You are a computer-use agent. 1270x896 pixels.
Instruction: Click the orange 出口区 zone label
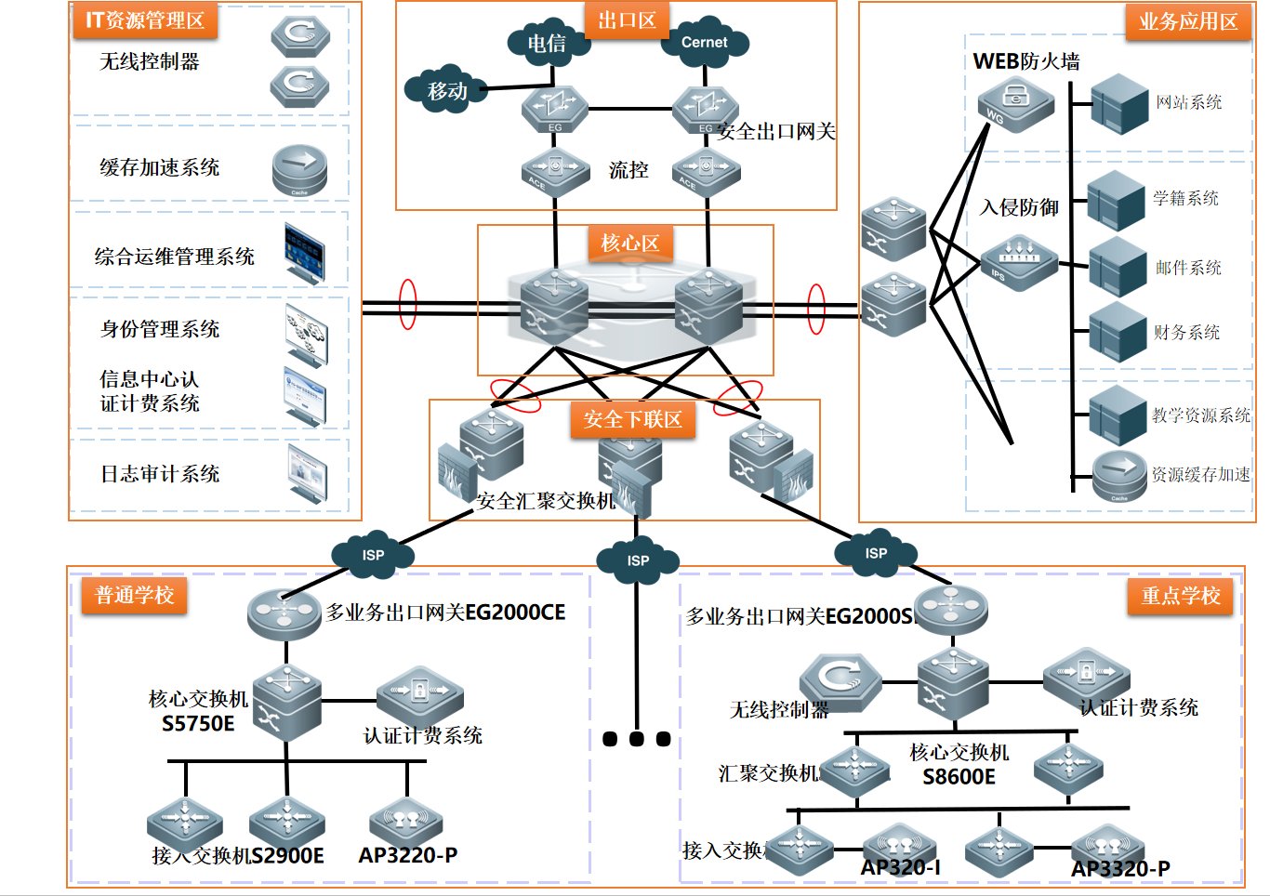pyautogui.click(x=627, y=20)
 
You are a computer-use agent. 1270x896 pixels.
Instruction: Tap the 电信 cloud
pyautogui.click(x=547, y=43)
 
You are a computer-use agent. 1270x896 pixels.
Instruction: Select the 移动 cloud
pyautogui.click(x=446, y=90)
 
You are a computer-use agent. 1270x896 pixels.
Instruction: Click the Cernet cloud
pyautogui.click(x=704, y=43)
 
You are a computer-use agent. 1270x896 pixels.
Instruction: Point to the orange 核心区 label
pyautogui.click(x=629, y=244)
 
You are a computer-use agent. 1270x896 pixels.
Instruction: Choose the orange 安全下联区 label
pyautogui.click(x=632, y=420)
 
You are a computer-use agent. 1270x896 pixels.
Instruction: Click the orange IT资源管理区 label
pyautogui.click(x=144, y=20)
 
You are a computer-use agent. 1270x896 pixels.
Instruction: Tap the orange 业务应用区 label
pyautogui.click(x=1188, y=21)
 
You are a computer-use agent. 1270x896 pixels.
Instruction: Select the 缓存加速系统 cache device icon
pyautogui.click(x=299, y=170)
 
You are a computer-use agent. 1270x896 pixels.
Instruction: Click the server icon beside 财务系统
pyautogui.click(x=1117, y=333)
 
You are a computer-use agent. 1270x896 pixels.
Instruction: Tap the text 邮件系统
pyautogui.click(x=1188, y=268)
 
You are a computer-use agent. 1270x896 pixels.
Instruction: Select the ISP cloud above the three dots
pyautogui.click(x=638, y=560)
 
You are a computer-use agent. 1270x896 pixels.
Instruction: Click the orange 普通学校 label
pyautogui.click(x=135, y=596)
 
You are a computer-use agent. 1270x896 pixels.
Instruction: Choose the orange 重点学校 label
pyautogui.click(x=1181, y=596)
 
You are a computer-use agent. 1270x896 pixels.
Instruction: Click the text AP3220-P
pyautogui.click(x=408, y=855)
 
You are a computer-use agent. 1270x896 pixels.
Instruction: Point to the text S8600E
pyautogui.click(x=959, y=777)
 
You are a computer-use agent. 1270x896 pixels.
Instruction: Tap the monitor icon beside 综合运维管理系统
pyautogui.click(x=305, y=253)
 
